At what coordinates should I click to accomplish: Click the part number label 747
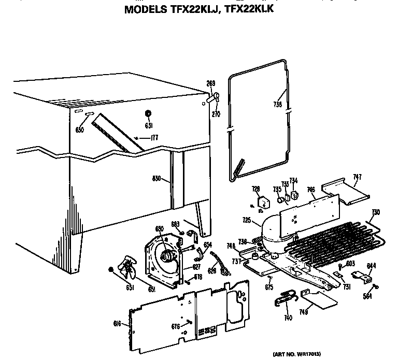click(x=357, y=177)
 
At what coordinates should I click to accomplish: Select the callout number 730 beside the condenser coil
click(x=376, y=212)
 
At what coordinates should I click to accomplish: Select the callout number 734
click(x=293, y=181)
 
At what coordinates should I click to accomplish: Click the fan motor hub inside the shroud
click(x=166, y=255)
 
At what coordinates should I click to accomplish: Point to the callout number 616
click(x=117, y=324)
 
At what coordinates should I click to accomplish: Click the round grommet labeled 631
click(x=148, y=114)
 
